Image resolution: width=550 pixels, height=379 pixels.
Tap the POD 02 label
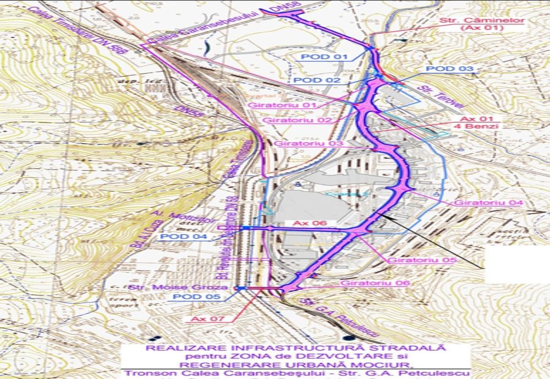tap(317, 80)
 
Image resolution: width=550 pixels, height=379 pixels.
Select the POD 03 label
tap(450, 69)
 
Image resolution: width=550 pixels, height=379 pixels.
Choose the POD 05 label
tap(190, 297)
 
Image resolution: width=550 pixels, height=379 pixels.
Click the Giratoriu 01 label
tap(275, 105)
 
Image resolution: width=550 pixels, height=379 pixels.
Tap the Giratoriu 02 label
tap(289, 120)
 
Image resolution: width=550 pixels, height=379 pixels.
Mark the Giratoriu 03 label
tap(301, 143)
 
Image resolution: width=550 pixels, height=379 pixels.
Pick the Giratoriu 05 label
tap(414, 260)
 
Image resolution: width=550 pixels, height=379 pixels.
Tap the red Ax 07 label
tap(206, 319)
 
